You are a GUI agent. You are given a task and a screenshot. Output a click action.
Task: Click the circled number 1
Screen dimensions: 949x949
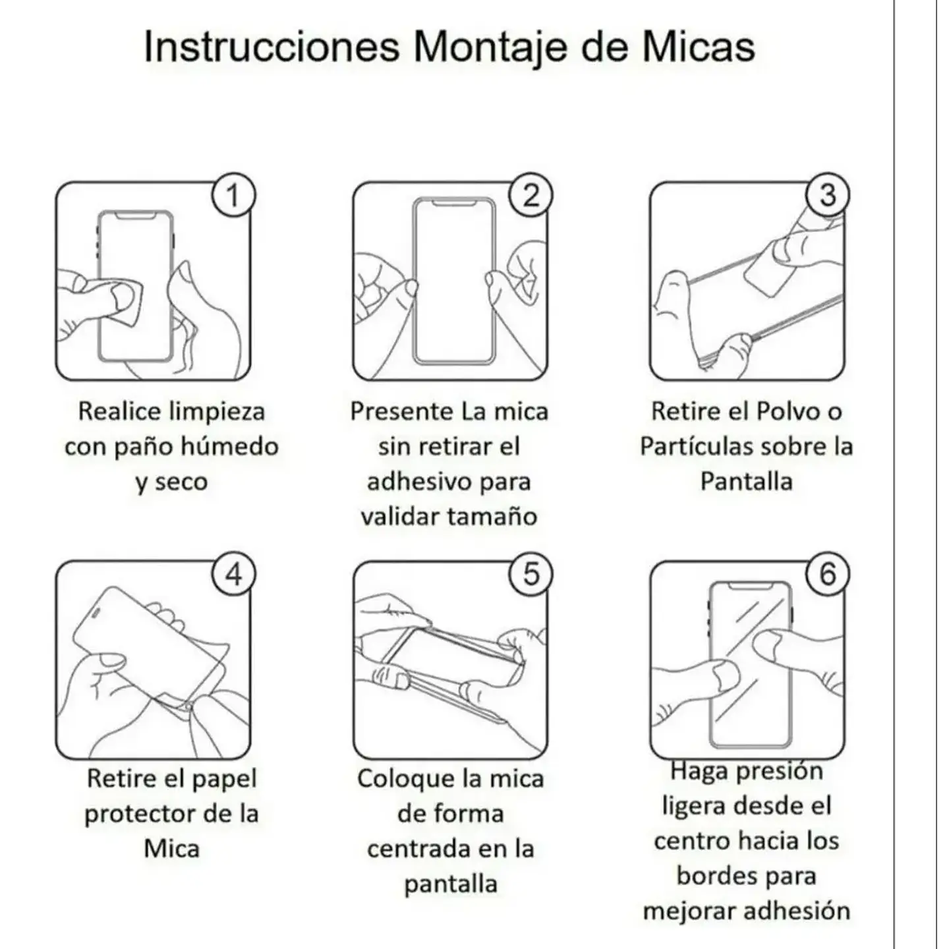[x=233, y=195]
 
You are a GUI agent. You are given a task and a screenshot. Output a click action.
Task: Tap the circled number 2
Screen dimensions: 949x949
[x=531, y=195]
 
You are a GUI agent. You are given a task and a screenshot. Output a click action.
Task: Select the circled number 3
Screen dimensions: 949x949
[x=828, y=195]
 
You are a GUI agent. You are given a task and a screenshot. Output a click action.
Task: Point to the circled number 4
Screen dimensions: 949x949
[x=233, y=574]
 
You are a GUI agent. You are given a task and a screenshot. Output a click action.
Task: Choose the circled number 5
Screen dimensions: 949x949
[x=531, y=574]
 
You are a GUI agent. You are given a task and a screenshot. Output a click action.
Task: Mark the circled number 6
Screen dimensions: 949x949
[x=828, y=574]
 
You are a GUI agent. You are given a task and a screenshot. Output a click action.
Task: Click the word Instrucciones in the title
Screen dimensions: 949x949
[x=272, y=47]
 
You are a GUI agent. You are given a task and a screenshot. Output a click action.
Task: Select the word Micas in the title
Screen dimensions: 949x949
[x=699, y=47]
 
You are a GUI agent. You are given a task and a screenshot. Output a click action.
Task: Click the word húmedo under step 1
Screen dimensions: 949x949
[x=230, y=446]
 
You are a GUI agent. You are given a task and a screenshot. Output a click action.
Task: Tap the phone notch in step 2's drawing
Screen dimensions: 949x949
[x=454, y=202]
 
